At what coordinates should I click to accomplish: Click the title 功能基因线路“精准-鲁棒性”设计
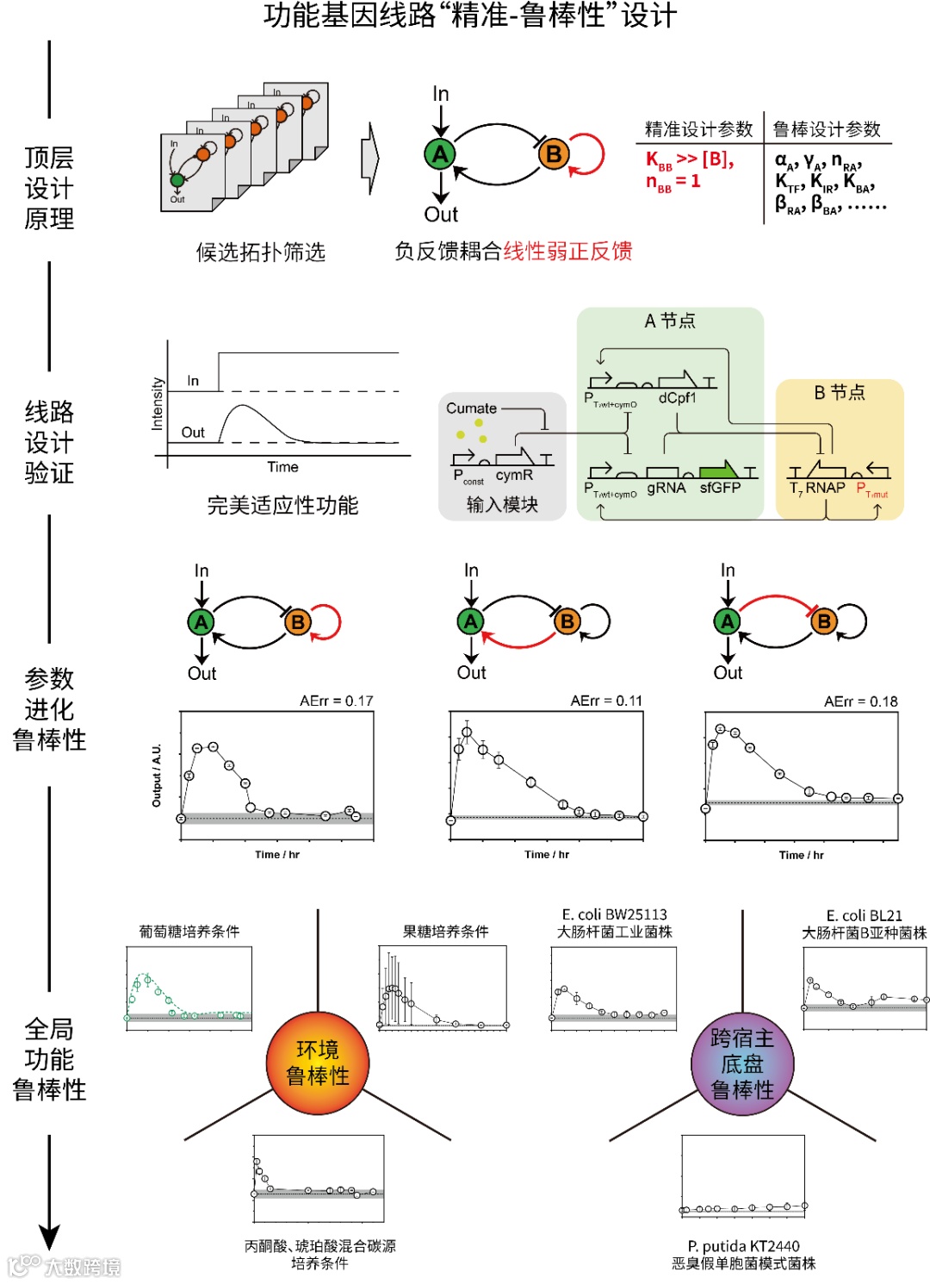point(470,16)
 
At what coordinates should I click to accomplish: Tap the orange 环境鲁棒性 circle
point(318,1063)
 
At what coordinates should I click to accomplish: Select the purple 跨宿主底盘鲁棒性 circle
point(742,1064)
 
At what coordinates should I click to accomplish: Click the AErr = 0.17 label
point(336,701)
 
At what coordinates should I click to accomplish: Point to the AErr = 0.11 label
point(606,701)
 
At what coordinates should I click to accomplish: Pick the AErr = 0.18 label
point(860,701)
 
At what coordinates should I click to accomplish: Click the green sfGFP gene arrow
point(718,471)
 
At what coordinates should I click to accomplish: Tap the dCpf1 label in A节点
point(677,398)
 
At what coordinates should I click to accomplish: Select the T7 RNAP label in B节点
point(817,488)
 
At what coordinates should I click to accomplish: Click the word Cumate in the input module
point(471,408)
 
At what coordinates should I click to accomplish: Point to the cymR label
point(514,475)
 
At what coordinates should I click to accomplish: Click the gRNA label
point(666,488)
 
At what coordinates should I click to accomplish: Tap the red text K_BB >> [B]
point(690,159)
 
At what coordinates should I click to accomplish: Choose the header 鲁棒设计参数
point(827,129)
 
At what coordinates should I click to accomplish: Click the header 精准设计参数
point(698,129)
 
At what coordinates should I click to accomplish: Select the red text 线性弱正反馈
point(567,251)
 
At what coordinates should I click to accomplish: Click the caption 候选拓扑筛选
point(260,252)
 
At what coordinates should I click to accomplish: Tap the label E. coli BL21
point(864,915)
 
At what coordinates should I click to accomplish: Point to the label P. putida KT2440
point(743,1246)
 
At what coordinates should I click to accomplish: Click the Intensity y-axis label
point(158,403)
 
